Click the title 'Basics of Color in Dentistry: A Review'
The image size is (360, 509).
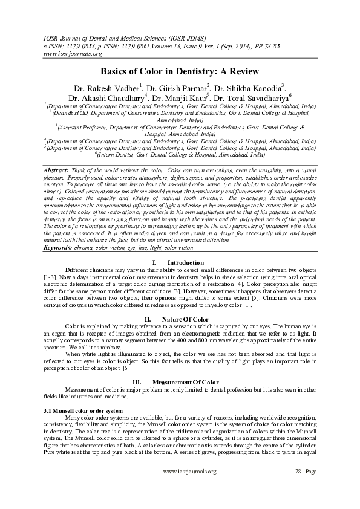(180, 71)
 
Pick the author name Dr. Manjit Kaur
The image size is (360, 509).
(180, 98)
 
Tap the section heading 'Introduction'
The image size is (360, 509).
(185, 263)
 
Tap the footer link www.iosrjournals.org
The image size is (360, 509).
(189, 470)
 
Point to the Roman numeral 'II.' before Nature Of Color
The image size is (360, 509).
(148, 319)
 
